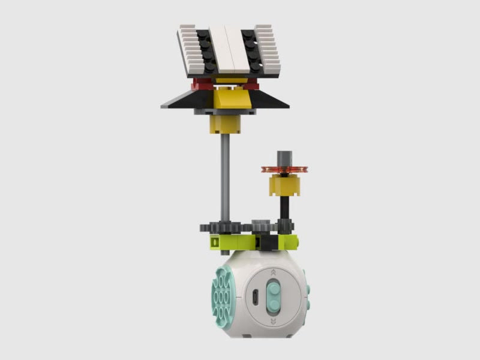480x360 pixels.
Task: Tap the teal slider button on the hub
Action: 274,297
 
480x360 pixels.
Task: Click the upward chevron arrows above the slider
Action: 274,272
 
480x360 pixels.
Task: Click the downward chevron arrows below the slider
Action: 274,322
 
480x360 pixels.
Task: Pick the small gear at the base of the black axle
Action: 286,226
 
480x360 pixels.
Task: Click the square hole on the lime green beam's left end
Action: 214,241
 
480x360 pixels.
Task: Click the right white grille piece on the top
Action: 270,51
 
